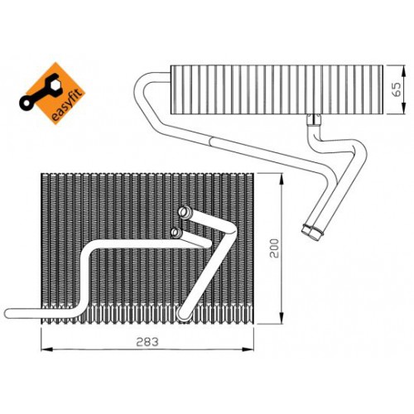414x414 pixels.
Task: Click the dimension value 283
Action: click(x=147, y=342)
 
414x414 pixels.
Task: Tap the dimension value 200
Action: click(x=275, y=248)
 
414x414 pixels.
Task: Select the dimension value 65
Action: click(x=397, y=89)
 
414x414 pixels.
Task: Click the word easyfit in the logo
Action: click(x=67, y=104)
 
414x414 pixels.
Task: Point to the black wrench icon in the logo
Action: click(x=40, y=91)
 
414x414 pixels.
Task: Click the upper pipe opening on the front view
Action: click(x=184, y=212)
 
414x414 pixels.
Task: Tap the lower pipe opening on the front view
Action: click(x=176, y=233)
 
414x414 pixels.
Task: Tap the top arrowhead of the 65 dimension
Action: click(x=404, y=71)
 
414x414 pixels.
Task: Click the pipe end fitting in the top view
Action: click(x=312, y=232)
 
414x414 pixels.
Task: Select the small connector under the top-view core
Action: click(x=315, y=120)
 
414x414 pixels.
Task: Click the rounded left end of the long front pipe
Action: click(x=10, y=313)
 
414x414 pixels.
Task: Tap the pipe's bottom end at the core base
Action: click(x=183, y=315)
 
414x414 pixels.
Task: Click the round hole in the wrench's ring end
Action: click(x=26, y=103)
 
